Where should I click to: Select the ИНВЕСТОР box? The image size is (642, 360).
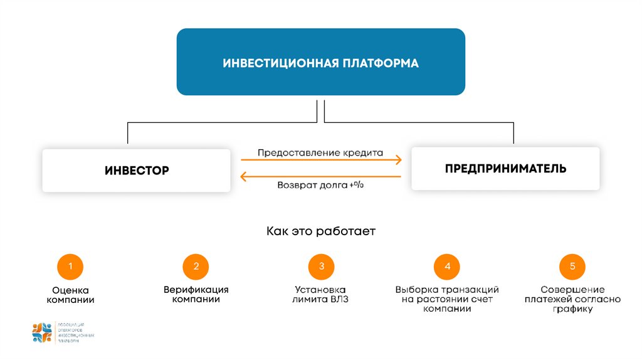pos(136,170)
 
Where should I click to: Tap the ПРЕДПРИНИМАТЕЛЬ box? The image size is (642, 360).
pos(505,168)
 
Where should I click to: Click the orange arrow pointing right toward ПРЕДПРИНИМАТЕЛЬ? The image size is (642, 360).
pos(320,161)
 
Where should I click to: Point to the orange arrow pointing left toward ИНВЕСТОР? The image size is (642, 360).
pos(320,177)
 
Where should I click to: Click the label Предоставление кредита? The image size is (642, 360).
pos(320,152)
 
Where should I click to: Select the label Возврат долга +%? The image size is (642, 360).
pos(320,186)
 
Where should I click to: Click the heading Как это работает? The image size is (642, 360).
pos(320,231)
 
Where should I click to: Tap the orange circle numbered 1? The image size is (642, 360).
pos(70,267)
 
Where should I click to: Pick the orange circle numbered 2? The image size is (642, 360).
pos(196,267)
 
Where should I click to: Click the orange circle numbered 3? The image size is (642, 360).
pos(321,267)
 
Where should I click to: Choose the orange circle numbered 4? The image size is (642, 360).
pos(447,267)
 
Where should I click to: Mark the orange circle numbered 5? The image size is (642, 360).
pos(572,267)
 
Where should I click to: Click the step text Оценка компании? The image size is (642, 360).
pos(70,295)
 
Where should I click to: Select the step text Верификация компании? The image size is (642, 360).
pos(196,295)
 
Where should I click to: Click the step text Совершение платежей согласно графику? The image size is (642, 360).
pos(572,299)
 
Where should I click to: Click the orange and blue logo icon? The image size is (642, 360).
pos(42,332)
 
